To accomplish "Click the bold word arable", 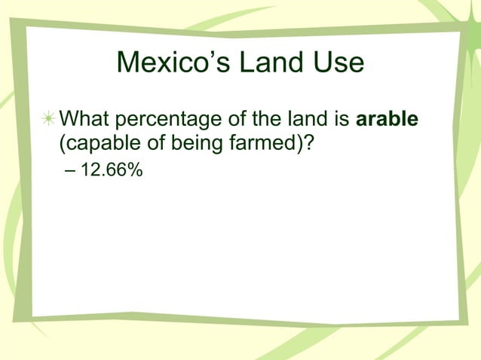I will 387,120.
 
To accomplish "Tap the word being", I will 190,142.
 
